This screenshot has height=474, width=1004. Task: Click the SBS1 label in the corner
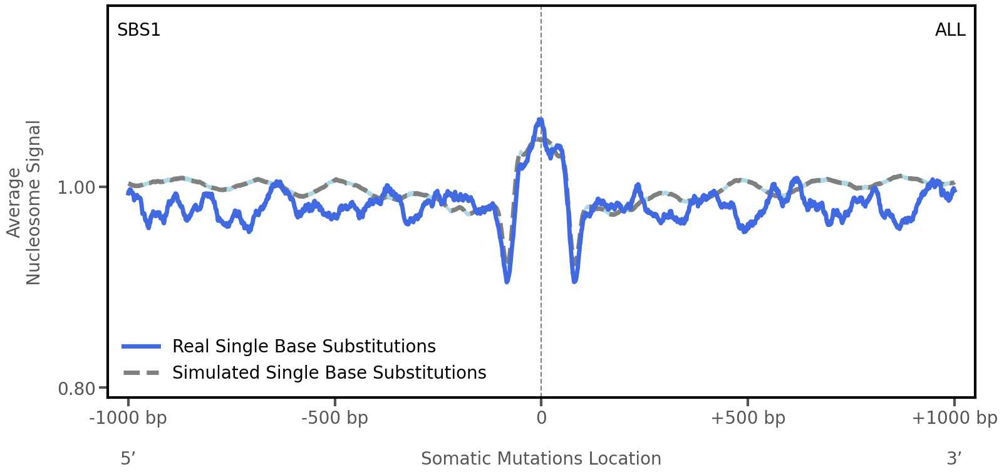coord(138,30)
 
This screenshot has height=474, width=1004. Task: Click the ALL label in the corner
coord(950,30)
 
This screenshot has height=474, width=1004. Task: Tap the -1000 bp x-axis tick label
coord(128,418)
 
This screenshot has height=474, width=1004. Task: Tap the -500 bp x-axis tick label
coord(334,418)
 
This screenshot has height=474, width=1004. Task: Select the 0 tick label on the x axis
coord(541,418)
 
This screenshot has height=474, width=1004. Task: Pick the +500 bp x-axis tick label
coord(747,418)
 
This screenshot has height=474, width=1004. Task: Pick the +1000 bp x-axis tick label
coord(954,418)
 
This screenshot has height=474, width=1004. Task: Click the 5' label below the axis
coord(128,459)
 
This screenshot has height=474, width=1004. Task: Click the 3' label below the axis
coord(954,459)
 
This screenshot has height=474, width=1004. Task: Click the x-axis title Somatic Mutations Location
coord(541,459)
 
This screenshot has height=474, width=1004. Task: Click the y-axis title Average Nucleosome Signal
coord(24,203)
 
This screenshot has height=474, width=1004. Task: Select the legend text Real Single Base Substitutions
coord(304,347)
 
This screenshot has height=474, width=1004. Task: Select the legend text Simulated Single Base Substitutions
coord(329,373)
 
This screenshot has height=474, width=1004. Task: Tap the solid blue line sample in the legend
coord(142,347)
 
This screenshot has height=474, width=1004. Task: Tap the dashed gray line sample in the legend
coord(142,373)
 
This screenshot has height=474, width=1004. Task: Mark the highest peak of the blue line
coord(540,119)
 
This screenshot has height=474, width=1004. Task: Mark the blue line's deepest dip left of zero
coord(507,282)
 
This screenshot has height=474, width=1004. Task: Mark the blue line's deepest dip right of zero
coord(574,282)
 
